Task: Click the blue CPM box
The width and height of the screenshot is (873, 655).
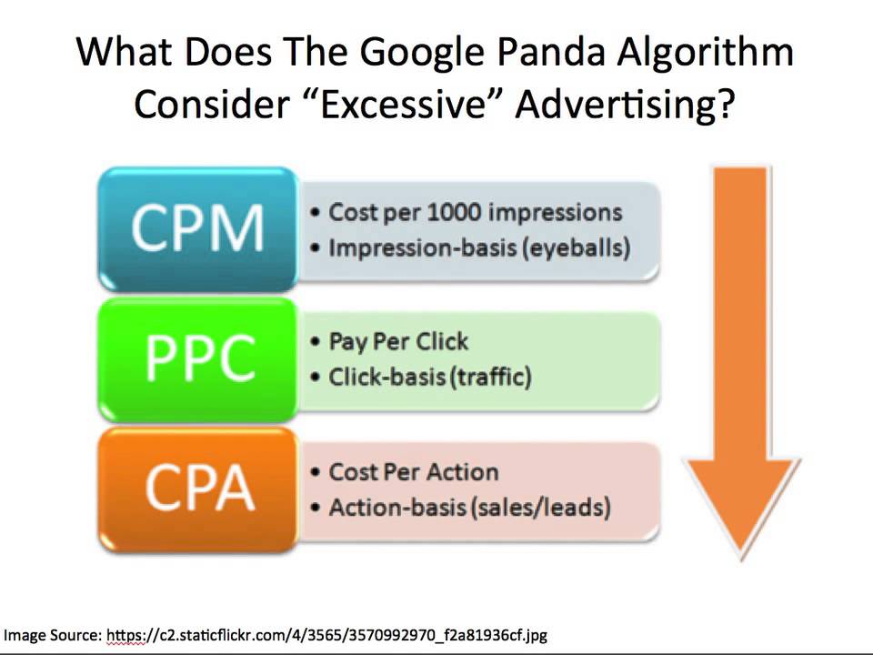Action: tap(197, 228)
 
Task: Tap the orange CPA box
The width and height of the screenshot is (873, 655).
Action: tap(197, 489)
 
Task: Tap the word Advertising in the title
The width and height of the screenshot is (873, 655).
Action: tap(624, 105)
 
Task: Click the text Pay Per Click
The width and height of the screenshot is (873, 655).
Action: tap(398, 342)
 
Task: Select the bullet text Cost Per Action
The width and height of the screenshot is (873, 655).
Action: tap(413, 472)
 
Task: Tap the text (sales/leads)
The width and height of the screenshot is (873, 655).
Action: tap(540, 507)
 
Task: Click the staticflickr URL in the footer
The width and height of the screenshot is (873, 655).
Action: tap(326, 635)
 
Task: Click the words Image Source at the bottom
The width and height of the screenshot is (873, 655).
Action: tap(53, 635)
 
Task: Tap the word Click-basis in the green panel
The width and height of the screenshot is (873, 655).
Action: tap(386, 377)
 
